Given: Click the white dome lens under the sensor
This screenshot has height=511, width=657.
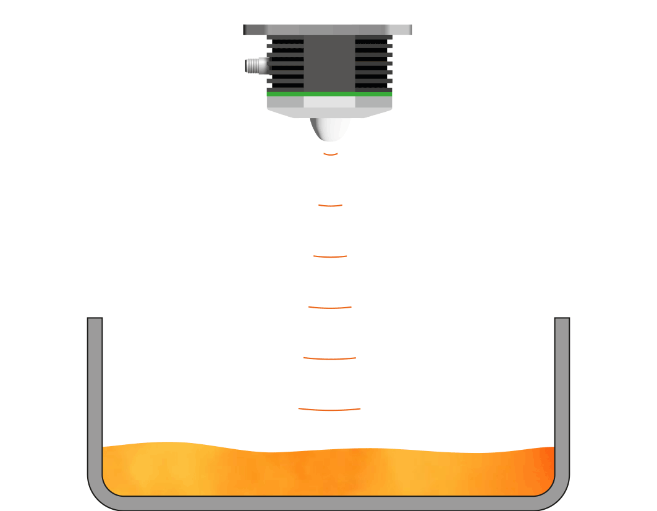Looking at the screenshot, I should click(330, 129).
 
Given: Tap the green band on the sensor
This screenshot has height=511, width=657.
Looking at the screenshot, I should click(329, 94).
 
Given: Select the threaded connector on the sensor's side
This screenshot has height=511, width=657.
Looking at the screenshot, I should click(255, 64).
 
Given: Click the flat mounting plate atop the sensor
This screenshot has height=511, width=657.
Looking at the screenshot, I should click(328, 30).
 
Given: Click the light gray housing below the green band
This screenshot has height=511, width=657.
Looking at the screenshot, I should click(329, 106).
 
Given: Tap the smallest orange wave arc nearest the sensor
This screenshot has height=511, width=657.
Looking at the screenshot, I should click(330, 154).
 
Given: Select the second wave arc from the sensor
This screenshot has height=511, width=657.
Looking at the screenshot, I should click(330, 205).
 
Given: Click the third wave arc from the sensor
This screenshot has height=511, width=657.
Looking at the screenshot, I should click(330, 256).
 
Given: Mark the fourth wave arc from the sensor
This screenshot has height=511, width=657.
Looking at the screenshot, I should click(330, 307).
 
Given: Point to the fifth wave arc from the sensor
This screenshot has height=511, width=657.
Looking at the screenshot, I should click(330, 358).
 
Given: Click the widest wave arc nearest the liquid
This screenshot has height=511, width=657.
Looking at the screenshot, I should click(329, 409).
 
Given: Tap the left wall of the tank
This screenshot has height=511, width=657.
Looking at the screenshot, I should click(95, 395).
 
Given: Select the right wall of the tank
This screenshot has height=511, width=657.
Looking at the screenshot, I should click(562, 395).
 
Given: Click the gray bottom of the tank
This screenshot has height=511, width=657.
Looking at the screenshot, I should click(328, 503).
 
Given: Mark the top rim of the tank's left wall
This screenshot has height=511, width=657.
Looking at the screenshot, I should click(95, 319).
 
